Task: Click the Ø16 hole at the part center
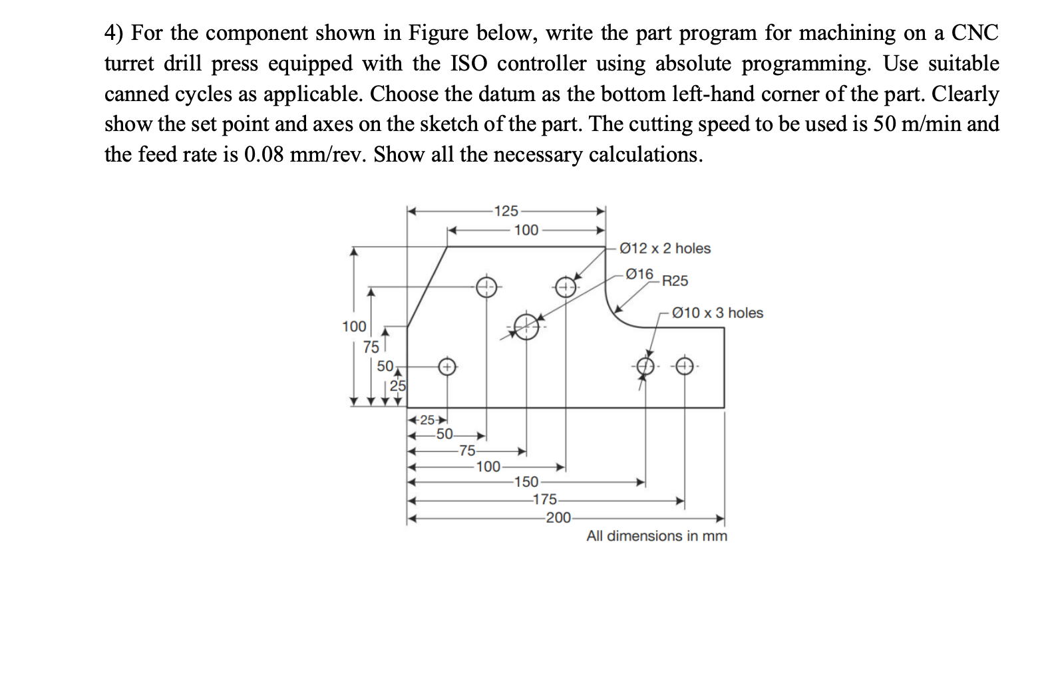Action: [x=526, y=327]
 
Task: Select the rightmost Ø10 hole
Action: [x=685, y=366]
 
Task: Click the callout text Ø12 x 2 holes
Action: [x=665, y=248]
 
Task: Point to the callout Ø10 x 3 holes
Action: [x=718, y=313]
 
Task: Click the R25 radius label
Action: [x=675, y=281]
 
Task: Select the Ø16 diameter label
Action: [x=640, y=274]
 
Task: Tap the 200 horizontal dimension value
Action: [x=558, y=518]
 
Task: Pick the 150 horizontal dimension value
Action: [x=526, y=481]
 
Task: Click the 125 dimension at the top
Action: [x=506, y=211]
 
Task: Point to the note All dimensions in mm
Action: [x=656, y=536]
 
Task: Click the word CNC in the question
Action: [x=975, y=33]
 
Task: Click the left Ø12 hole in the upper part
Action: [x=486, y=287]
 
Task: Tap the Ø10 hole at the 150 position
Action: [x=645, y=366]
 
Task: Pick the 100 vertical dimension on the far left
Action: [x=354, y=327]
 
